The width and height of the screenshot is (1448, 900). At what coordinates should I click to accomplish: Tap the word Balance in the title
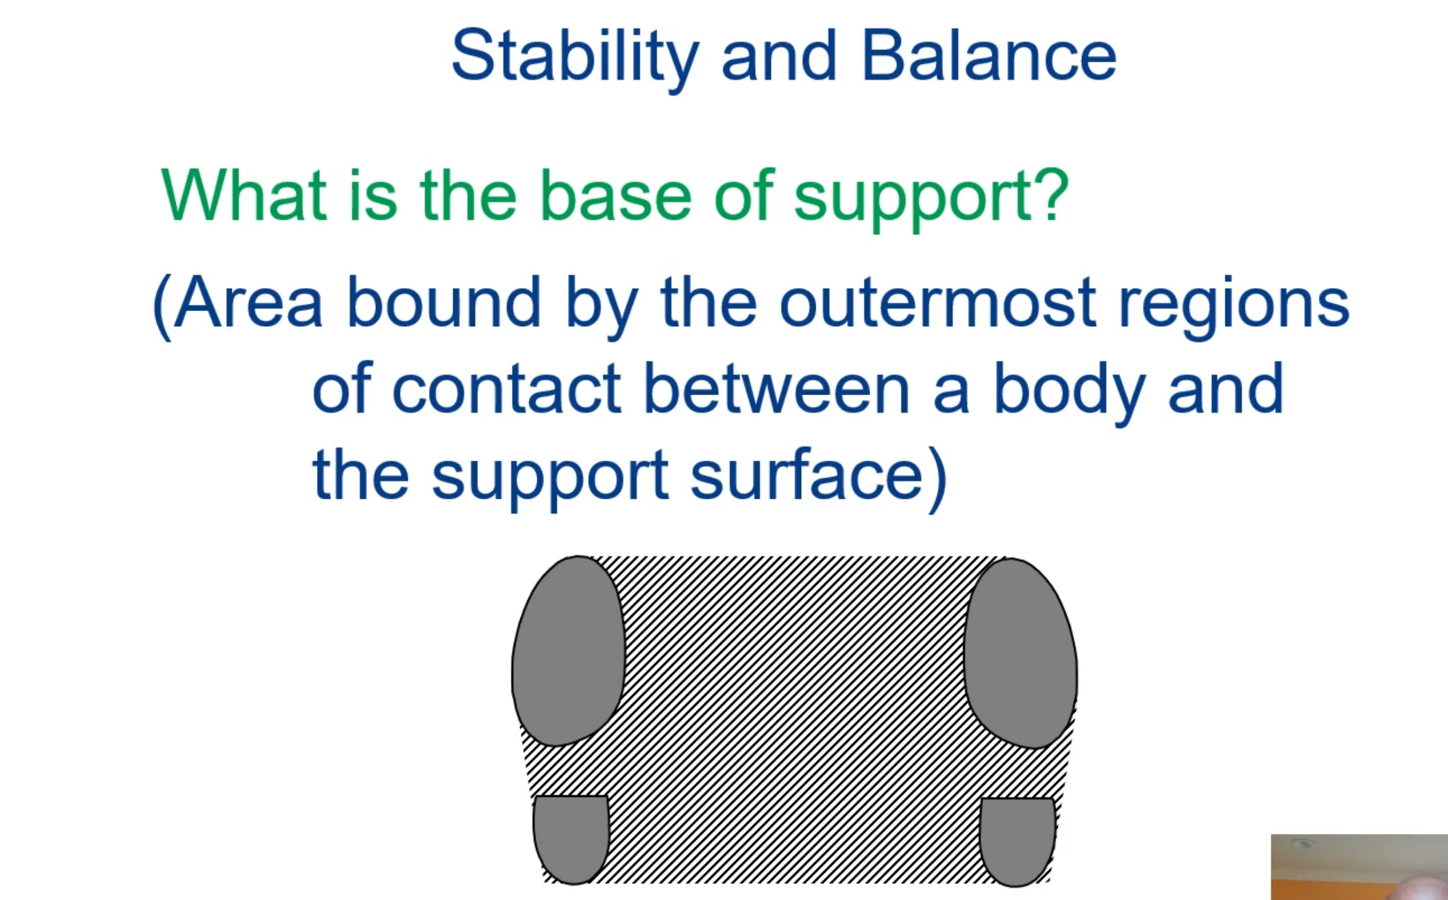(988, 56)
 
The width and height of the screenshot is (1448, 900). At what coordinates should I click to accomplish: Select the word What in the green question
(244, 195)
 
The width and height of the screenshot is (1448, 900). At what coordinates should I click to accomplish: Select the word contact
(507, 389)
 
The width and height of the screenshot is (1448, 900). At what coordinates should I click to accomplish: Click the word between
(776, 389)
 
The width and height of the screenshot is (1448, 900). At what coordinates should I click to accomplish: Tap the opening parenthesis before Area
(162, 306)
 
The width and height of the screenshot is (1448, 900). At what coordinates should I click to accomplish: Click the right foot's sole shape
(1021, 654)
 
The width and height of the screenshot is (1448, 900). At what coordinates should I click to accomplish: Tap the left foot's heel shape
(571, 838)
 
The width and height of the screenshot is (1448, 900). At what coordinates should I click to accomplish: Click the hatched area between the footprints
(793, 714)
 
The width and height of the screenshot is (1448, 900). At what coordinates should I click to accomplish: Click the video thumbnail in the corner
(1358, 867)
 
